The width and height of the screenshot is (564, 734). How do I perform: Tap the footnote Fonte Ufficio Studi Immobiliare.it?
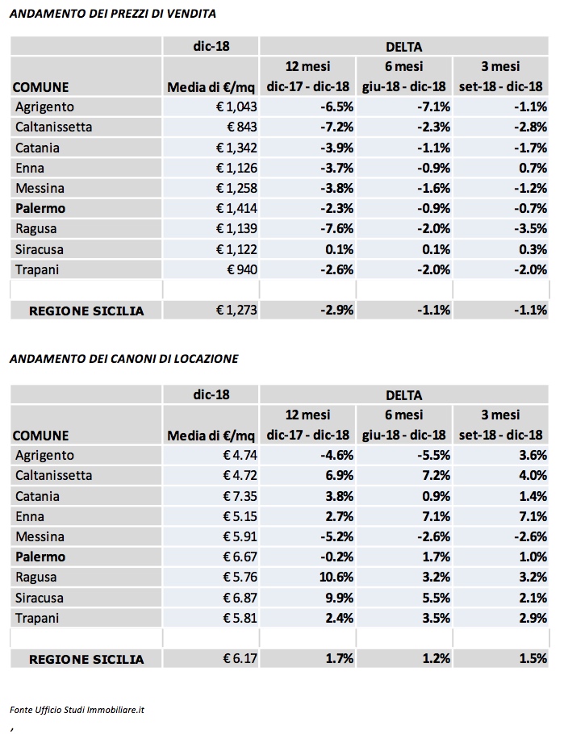tap(77, 710)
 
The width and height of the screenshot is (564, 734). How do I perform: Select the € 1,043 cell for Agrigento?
tap(236, 106)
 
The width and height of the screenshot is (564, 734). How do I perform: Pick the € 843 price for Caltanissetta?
tap(242, 127)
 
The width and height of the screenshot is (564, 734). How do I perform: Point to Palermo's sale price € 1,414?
tap(236, 208)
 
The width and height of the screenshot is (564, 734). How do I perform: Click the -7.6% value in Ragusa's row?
tap(336, 228)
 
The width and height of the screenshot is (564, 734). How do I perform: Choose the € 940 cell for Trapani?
tap(242, 269)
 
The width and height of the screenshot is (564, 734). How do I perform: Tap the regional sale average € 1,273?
tap(236, 310)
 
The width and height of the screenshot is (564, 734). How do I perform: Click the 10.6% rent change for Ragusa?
tap(336, 577)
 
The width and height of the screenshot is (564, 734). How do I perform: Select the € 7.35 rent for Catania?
tap(240, 496)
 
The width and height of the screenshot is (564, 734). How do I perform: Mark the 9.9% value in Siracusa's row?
tap(340, 598)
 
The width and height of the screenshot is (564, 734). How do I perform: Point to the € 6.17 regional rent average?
tap(240, 659)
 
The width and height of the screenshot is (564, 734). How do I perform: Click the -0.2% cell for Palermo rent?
tap(336, 557)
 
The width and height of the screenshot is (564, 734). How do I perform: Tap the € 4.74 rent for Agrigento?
tap(240, 455)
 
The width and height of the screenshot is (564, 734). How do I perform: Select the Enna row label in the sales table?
tap(30, 168)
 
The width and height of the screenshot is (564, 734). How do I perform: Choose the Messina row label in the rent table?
tap(40, 536)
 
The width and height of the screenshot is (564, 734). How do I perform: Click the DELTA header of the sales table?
tap(403, 47)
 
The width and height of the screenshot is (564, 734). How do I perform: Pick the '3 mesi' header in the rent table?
tap(500, 415)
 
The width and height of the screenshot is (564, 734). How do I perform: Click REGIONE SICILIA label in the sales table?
tap(86, 311)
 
